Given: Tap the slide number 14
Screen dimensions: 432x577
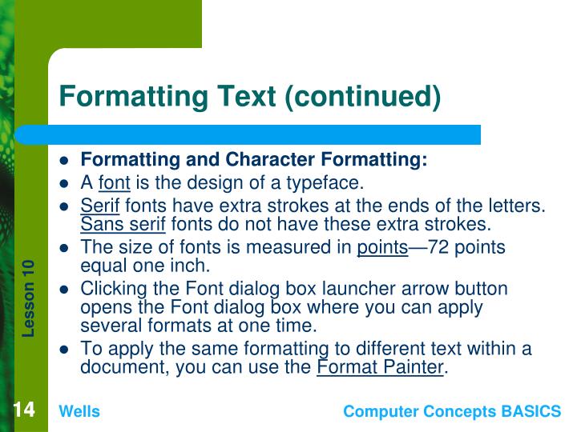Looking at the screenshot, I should point(23,410).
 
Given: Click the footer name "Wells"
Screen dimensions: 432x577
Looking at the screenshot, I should point(79,411).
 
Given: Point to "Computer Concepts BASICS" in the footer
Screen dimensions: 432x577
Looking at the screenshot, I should point(452,411).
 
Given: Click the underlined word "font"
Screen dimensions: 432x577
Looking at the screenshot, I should point(114,182).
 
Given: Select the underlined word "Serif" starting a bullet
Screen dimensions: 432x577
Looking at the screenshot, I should point(100,206).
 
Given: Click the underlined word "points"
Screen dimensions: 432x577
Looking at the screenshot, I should point(382,247).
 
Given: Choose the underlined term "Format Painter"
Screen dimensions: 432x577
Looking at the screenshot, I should point(380,367).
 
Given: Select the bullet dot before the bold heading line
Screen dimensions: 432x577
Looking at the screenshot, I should point(67,160).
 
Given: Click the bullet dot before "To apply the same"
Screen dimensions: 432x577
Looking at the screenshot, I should point(67,350).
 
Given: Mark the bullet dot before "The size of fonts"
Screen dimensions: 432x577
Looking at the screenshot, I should point(67,248).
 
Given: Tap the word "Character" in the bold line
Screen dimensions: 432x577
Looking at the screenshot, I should point(260,160).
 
